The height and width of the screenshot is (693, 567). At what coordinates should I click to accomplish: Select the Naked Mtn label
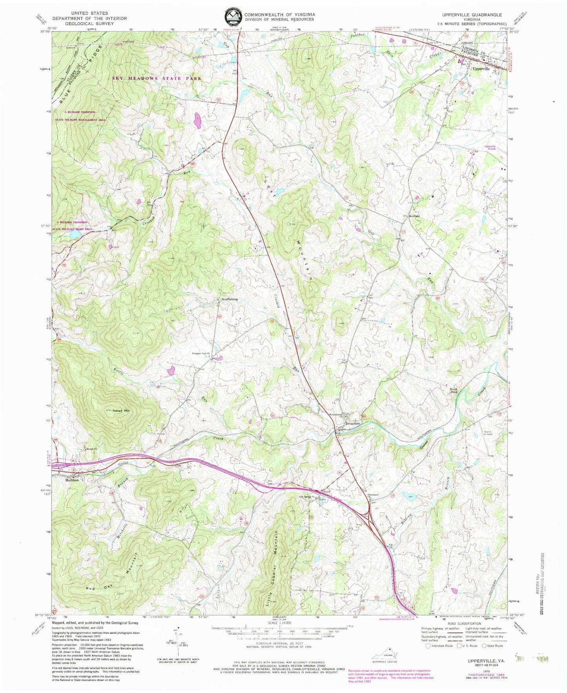[121, 410]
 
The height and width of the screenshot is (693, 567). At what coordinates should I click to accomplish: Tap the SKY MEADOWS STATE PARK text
[157, 78]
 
